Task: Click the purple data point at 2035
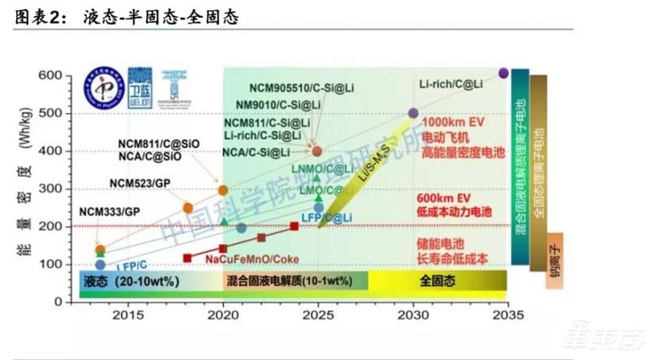click(503, 73)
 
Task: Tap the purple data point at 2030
click(413, 113)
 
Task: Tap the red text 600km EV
click(446, 197)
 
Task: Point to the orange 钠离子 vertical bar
click(555, 261)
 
